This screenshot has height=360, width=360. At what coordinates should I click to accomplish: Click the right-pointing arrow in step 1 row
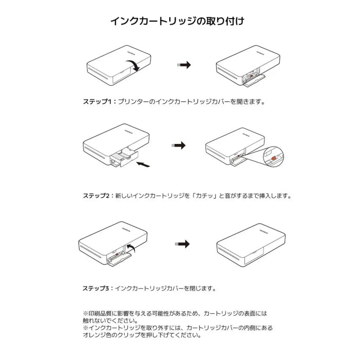click(x=184, y=65)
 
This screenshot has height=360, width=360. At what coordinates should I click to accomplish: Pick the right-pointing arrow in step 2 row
click(x=178, y=146)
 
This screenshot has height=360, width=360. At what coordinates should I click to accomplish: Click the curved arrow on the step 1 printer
click(x=134, y=65)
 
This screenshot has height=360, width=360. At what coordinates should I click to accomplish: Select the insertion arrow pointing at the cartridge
click(x=146, y=164)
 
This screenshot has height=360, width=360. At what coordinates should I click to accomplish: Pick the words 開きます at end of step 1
click(x=253, y=102)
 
